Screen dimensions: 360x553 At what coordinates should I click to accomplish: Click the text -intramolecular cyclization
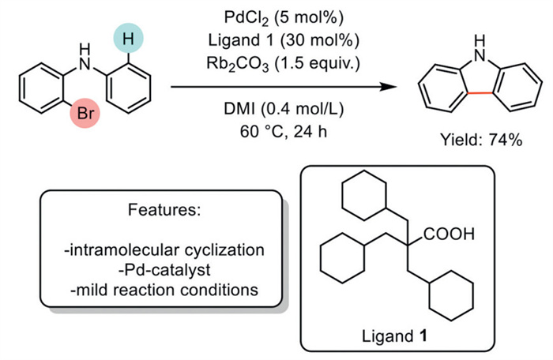(x=160, y=251)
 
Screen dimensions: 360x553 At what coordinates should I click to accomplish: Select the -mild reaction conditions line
(x=160, y=290)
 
